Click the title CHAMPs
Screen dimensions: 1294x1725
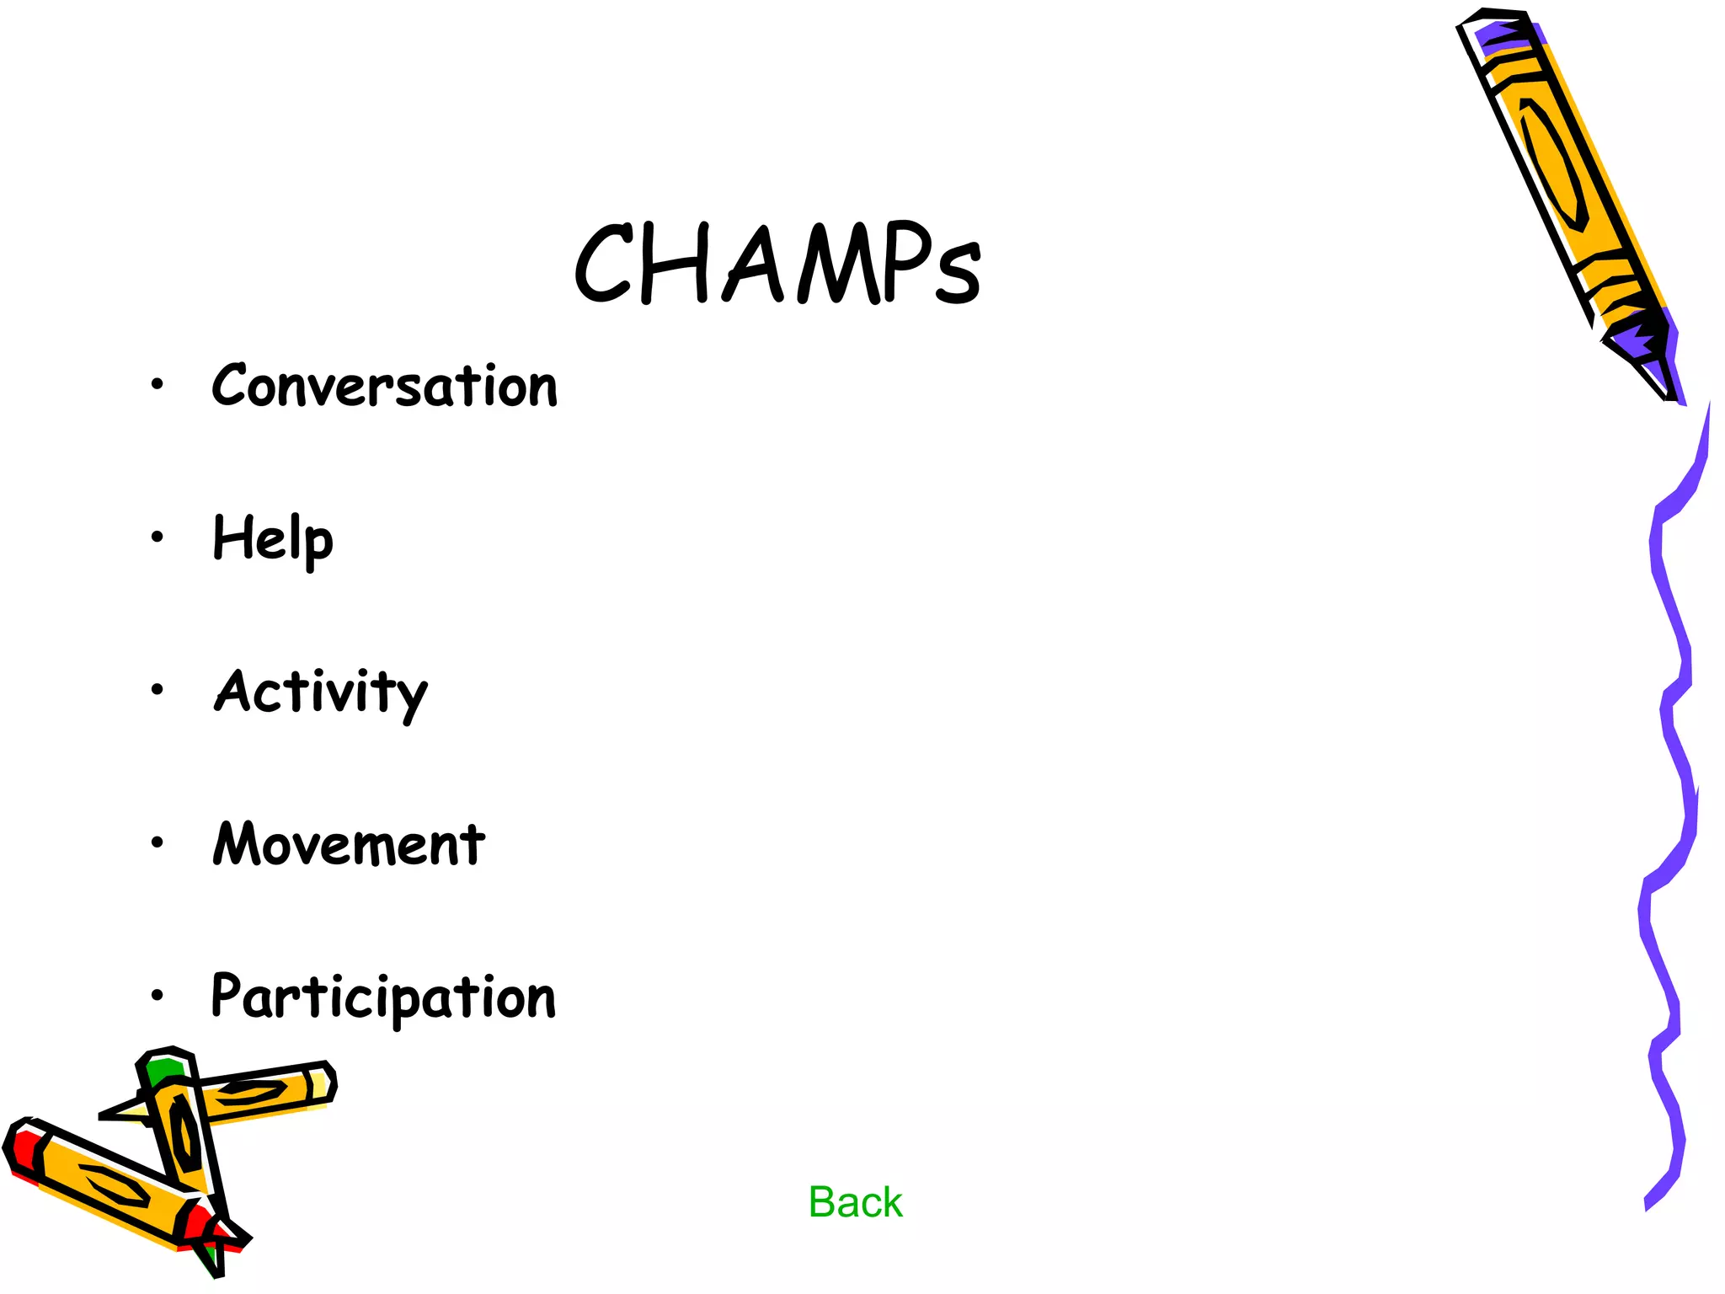tap(777, 263)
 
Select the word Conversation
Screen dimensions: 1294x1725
tap(384, 386)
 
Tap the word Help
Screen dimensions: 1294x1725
tap(273, 539)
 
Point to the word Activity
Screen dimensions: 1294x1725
tap(320, 692)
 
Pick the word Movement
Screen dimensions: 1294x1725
tap(349, 844)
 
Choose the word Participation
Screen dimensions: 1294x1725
tap(383, 997)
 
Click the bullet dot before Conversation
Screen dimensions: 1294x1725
tap(157, 385)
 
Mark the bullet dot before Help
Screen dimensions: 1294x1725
tap(157, 537)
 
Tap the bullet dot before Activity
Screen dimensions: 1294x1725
tap(157, 690)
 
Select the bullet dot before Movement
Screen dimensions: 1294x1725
tap(157, 842)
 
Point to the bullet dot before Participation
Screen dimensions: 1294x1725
tap(157, 996)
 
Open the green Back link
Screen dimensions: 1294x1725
tap(855, 1202)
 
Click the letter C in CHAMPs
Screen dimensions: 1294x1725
tap(602, 263)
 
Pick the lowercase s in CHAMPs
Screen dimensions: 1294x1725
tap(959, 274)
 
